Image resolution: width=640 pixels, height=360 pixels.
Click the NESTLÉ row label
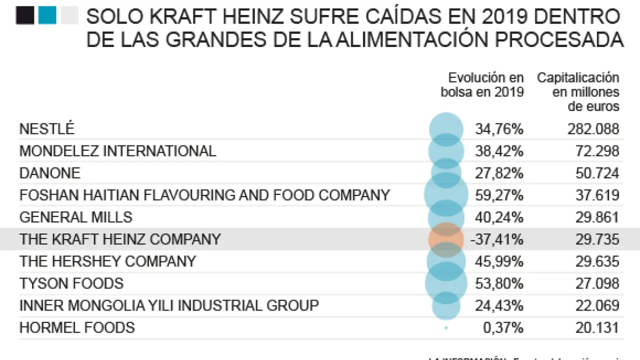[x=46, y=129]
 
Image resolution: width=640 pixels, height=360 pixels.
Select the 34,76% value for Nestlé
[x=499, y=129]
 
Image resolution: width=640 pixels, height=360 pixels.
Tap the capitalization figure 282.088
[x=593, y=129]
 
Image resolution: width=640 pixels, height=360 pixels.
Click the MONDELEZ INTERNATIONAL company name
[x=117, y=151]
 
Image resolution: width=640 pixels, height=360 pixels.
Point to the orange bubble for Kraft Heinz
[x=446, y=239]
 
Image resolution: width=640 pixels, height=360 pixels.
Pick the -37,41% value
[x=496, y=239]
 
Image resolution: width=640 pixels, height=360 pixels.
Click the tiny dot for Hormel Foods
[x=446, y=328]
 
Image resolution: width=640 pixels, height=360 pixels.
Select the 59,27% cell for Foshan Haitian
[x=499, y=195]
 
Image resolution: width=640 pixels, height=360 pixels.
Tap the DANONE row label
[x=49, y=173]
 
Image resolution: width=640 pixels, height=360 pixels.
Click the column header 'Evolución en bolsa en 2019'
[x=482, y=84]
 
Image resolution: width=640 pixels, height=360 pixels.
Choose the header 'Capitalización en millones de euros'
[x=578, y=92]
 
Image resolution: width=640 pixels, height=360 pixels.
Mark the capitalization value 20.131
[x=597, y=328]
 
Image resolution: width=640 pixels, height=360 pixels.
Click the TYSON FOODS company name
[x=71, y=283]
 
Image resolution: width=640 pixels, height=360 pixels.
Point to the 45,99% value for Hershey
[x=499, y=261]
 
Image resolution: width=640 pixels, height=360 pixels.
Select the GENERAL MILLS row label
[x=75, y=217]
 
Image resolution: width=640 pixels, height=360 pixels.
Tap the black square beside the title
[x=25, y=15]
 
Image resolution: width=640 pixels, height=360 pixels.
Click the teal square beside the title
[x=47, y=15]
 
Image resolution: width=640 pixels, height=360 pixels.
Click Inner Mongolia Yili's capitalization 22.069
[x=597, y=305]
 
